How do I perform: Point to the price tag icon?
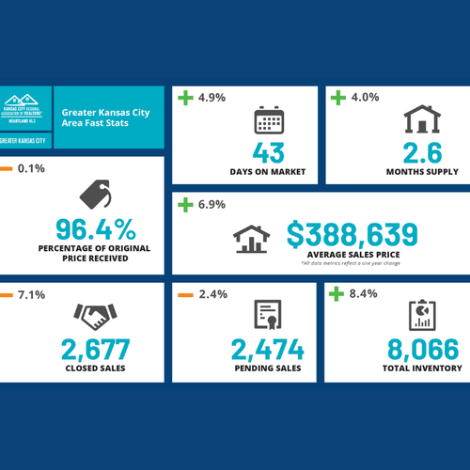[97, 195]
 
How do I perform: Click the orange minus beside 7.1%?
[7, 294]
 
